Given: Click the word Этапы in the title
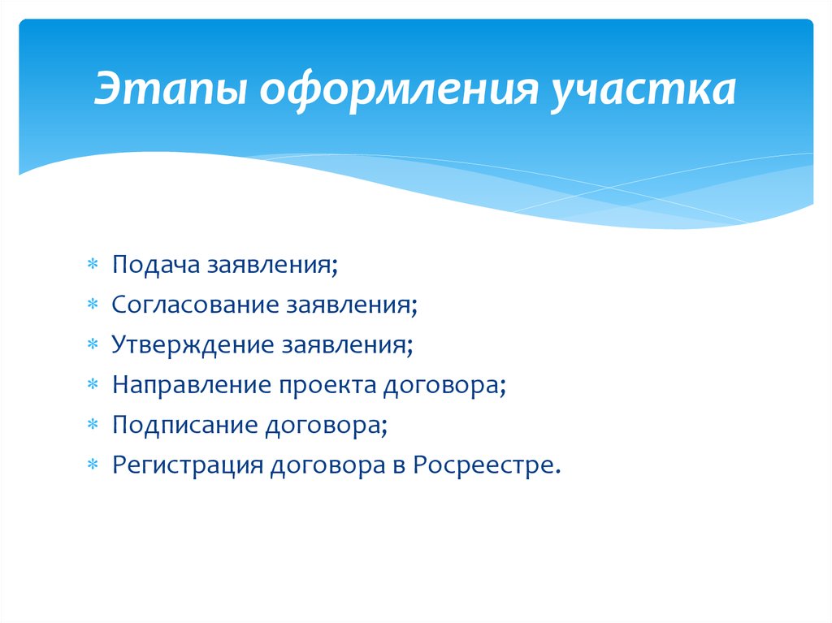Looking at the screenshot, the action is pyautogui.click(x=171, y=89).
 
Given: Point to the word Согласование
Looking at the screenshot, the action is pyautogui.click(x=195, y=305).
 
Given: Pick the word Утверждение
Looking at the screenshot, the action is pyautogui.click(x=193, y=345).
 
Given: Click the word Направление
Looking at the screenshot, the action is pyautogui.click(x=192, y=385).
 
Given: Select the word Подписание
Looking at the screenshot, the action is pyautogui.click(x=185, y=426).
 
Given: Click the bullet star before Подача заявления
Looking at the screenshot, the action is pyautogui.click(x=93, y=264).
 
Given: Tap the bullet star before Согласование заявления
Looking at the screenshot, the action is pyautogui.click(x=93, y=304).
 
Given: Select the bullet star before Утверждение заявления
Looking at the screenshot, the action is pyautogui.click(x=93, y=344).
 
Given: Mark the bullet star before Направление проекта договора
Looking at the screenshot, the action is pyautogui.click(x=93, y=384).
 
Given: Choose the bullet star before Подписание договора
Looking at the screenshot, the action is pyautogui.click(x=93, y=425).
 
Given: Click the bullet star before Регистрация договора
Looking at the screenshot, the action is pyautogui.click(x=93, y=465).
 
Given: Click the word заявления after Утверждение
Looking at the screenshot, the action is pyautogui.click(x=347, y=345).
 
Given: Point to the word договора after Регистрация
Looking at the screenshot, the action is pyautogui.click(x=328, y=466).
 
